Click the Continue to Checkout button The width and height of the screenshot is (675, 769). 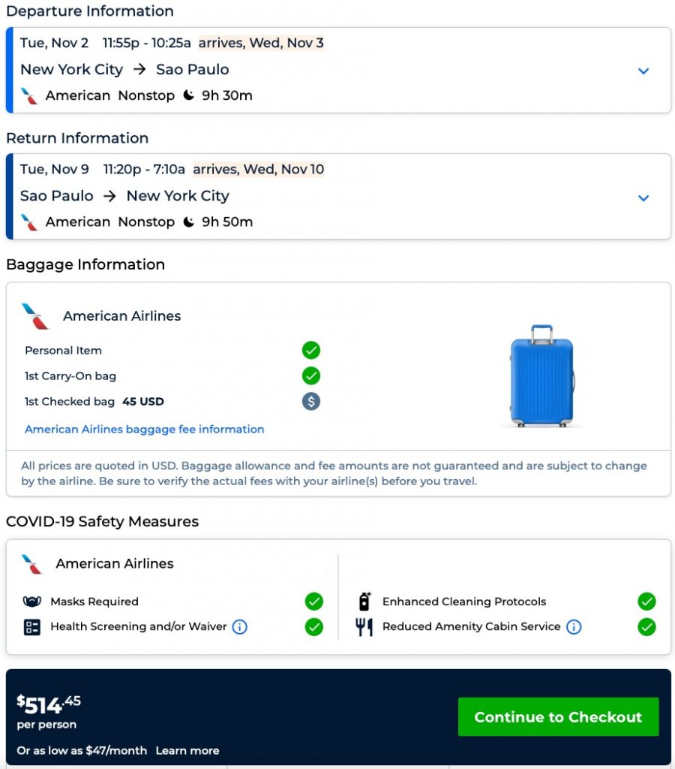tap(558, 717)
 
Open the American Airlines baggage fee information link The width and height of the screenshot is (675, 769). tap(145, 430)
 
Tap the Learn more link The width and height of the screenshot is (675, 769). tap(187, 750)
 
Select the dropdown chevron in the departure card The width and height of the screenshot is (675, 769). tap(643, 71)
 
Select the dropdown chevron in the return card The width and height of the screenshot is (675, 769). tap(643, 198)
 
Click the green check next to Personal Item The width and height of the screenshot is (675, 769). tap(311, 350)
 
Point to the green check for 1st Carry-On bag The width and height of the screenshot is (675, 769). tap(311, 375)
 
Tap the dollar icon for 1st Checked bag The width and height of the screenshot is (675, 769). tap(311, 401)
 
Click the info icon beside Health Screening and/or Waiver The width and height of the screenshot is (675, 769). tap(239, 626)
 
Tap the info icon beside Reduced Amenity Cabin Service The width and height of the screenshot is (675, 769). tap(574, 626)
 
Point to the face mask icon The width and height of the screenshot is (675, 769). tap(31, 602)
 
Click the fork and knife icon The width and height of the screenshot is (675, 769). tap(364, 626)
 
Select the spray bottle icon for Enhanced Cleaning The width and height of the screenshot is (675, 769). tap(364, 601)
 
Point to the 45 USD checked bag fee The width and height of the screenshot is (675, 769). tap(143, 402)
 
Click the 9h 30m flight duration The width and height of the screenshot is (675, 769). tap(226, 95)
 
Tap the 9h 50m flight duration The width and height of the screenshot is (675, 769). tap(226, 222)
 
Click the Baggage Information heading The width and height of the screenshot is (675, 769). tap(85, 264)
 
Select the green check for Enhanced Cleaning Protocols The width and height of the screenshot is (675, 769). tap(646, 601)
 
